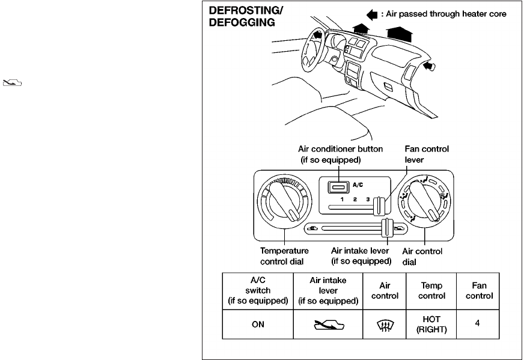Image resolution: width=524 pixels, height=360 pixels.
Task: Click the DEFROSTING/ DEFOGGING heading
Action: (x=246, y=16)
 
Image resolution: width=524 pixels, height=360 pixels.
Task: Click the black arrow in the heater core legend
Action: (x=372, y=14)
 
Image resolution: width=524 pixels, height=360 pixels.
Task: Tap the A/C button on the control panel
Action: (x=338, y=187)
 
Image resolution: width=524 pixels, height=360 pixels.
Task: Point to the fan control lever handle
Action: (x=379, y=206)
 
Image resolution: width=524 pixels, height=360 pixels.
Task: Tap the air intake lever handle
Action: (x=387, y=228)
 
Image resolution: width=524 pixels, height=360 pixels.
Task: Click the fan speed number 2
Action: (x=355, y=199)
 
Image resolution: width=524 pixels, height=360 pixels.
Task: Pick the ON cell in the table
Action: (x=258, y=324)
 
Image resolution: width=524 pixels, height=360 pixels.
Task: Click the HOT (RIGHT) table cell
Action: (x=431, y=324)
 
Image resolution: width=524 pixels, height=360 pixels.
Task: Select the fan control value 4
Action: (x=477, y=323)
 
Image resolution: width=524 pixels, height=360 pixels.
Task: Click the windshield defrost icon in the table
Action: (x=385, y=325)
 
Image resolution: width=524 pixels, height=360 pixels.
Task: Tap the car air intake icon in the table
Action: (x=329, y=325)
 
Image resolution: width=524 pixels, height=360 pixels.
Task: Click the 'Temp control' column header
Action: (x=431, y=290)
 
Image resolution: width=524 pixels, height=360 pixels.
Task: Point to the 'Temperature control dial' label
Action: (x=284, y=256)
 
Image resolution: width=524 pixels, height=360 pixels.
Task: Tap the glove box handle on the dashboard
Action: (x=388, y=86)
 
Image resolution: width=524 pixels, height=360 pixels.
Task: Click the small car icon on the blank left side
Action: (x=13, y=82)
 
